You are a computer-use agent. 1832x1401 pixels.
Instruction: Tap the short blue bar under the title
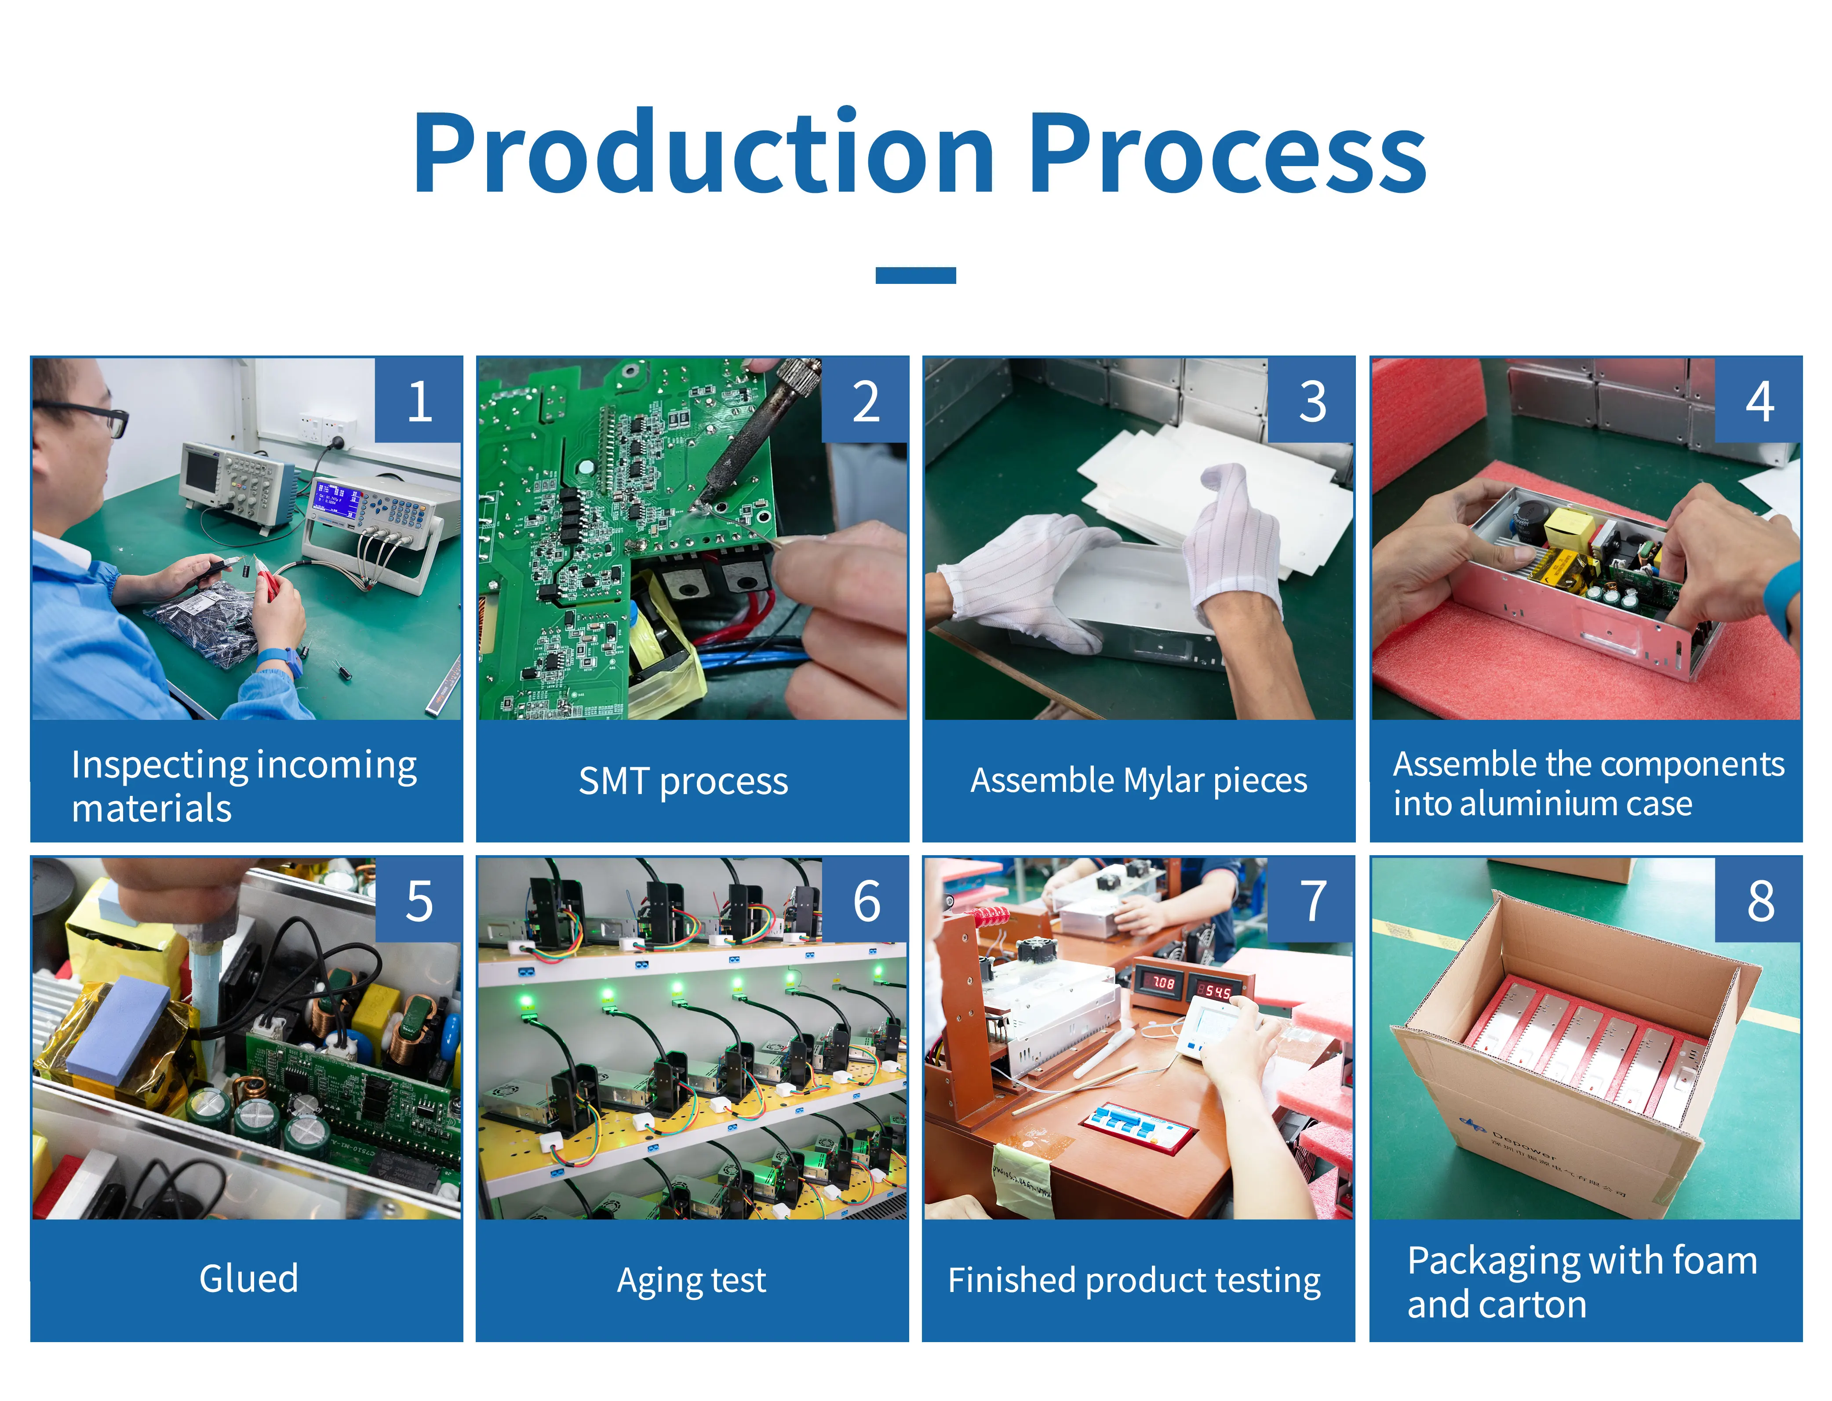915,275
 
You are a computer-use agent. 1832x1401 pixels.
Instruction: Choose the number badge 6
866,900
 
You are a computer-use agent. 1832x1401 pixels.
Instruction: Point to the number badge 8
1759,900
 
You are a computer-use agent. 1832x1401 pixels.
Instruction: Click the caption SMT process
683,781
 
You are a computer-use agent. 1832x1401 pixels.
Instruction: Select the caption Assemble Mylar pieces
1138,781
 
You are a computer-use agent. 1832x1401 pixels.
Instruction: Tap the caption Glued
248,1278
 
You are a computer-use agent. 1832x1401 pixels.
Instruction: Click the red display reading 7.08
1162,984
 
